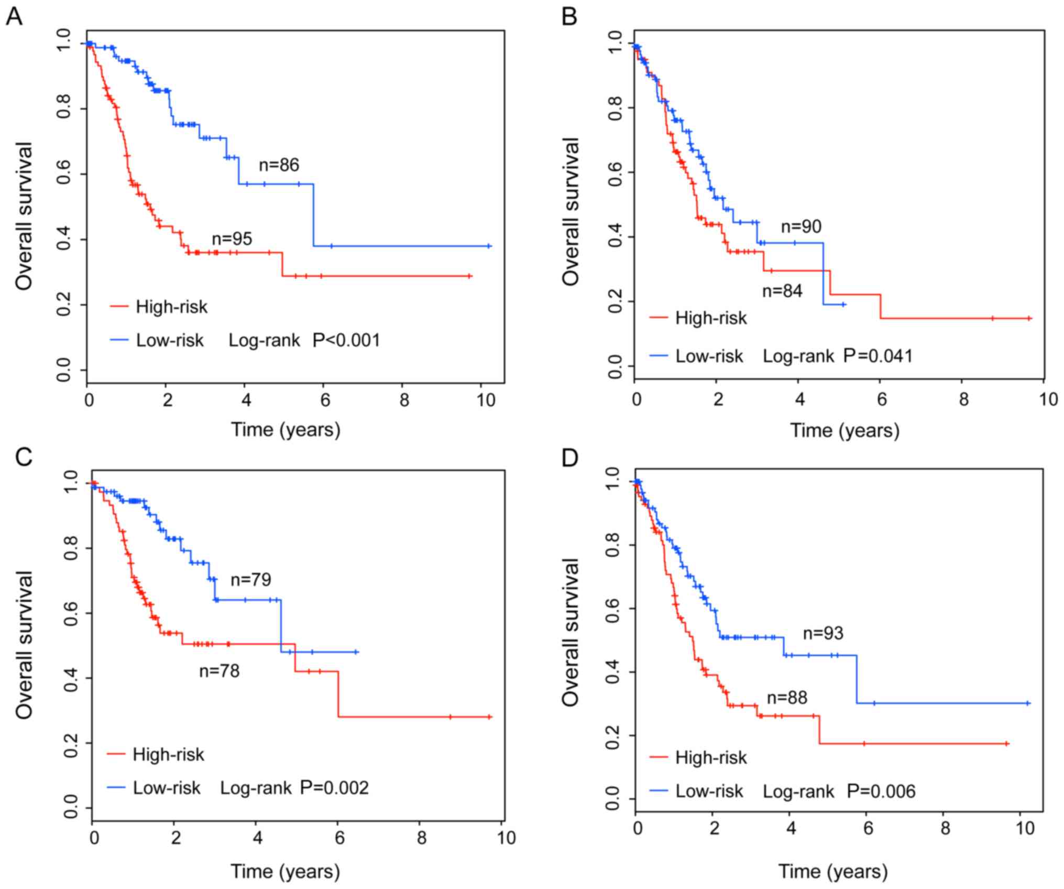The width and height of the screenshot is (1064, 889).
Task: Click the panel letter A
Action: [14, 17]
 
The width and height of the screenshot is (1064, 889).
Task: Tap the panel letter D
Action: [570, 458]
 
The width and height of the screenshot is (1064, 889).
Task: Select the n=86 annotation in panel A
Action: [279, 165]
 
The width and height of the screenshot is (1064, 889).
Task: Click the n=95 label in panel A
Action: [232, 239]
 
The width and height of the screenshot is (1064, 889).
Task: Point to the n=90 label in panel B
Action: [801, 226]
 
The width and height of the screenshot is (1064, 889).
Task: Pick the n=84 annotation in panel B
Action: [782, 291]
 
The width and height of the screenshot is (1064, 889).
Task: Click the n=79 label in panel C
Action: [251, 580]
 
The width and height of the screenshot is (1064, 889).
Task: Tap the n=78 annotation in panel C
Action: [219, 671]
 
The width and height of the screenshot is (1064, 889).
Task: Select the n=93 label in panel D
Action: [823, 633]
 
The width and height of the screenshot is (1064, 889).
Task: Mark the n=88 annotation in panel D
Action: [787, 698]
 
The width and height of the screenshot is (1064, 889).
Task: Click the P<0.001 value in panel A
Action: [346, 341]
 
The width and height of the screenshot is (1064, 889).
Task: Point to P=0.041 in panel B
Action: [878, 356]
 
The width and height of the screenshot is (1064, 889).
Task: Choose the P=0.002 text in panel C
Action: [334, 788]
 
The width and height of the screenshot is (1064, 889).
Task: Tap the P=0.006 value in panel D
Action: [881, 791]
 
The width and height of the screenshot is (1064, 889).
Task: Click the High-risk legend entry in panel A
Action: [171, 307]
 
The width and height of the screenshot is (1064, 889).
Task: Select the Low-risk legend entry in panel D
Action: [709, 791]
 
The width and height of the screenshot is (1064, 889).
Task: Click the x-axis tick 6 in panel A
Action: [325, 401]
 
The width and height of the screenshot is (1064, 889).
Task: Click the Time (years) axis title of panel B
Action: [844, 431]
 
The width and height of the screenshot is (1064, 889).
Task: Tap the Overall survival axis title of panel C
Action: [24, 645]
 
